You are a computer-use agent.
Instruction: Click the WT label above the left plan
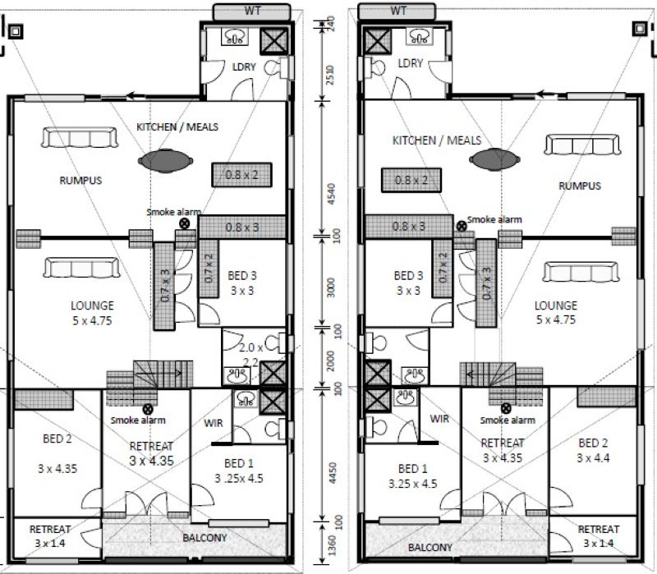(x=252, y=11)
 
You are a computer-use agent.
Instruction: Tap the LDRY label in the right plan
(x=410, y=63)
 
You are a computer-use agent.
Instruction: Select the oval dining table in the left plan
(x=166, y=161)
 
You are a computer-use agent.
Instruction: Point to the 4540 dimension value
(x=331, y=194)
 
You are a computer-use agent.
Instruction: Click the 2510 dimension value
(x=330, y=75)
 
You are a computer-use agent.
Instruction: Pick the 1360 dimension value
(x=332, y=545)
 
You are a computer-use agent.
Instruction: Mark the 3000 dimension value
(x=331, y=287)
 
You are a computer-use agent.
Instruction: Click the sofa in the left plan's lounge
(x=81, y=268)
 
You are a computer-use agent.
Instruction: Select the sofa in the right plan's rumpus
(x=582, y=145)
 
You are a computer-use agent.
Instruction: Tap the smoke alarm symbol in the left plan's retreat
(x=148, y=409)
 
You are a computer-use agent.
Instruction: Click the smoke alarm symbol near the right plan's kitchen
(x=462, y=227)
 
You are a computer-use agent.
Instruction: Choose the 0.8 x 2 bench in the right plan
(x=411, y=180)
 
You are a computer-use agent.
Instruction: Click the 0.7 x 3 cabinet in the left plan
(x=164, y=286)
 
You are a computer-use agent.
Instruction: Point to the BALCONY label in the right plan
(x=430, y=547)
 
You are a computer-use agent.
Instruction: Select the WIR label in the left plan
(x=214, y=423)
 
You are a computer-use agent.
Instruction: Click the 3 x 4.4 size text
(x=593, y=458)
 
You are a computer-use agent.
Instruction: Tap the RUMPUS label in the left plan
(x=80, y=180)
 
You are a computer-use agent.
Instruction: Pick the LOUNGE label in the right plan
(x=556, y=305)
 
